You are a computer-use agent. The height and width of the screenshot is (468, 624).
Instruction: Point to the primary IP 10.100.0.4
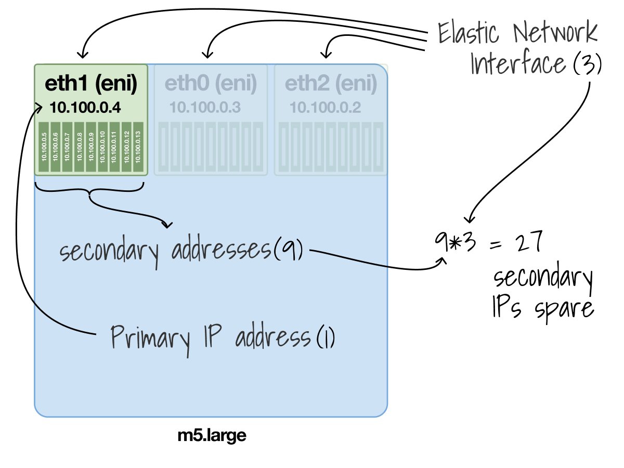85,108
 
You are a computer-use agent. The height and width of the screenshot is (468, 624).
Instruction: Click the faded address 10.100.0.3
204,108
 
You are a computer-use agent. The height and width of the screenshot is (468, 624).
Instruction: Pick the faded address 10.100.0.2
325,108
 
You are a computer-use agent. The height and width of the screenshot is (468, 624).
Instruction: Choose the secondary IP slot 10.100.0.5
44,148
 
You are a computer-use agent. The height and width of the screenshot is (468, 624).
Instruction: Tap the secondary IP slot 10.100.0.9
91,148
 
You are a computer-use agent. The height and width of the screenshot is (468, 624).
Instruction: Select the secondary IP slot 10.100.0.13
138,148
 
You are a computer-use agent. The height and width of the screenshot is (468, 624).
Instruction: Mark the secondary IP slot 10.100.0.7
68,148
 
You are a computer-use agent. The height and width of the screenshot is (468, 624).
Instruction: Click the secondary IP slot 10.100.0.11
114,148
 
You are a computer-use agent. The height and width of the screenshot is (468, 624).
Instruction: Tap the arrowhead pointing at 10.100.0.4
40,108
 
